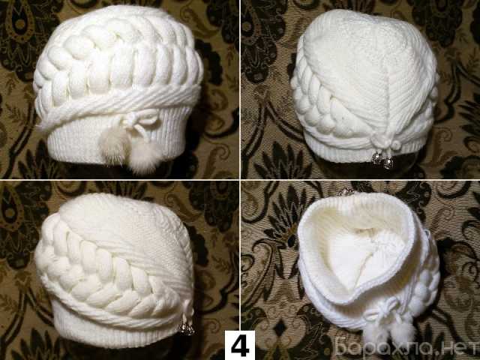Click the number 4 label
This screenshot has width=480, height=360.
tap(240, 345)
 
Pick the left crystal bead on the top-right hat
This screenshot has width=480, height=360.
tap(376, 158)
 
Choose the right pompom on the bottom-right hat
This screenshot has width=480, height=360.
tap(403, 332)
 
